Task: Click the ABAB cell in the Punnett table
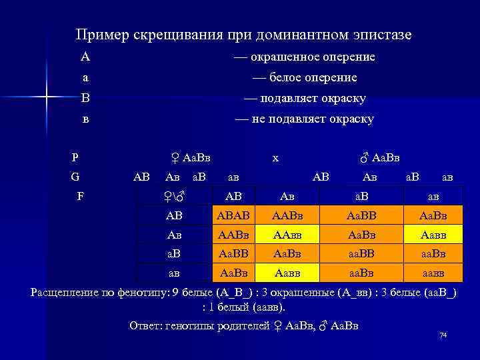pos(233,215)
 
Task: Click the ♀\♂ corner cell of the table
pos(173,197)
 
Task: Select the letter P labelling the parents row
pos(75,158)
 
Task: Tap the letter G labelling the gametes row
pos(75,177)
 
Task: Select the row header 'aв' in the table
pos(173,273)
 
